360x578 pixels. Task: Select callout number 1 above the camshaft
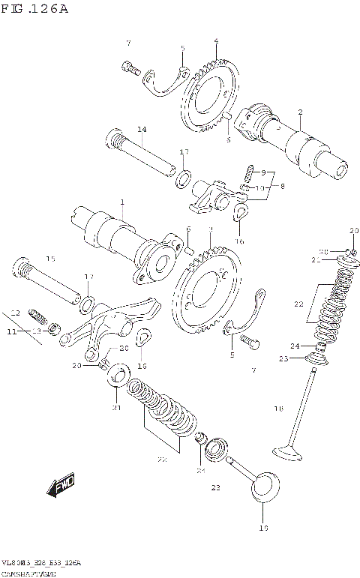(121, 203)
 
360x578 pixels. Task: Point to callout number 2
(300, 113)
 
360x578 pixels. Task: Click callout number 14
(141, 130)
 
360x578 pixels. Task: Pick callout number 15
(50, 259)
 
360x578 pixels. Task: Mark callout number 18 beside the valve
(278, 409)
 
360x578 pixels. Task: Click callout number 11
(11, 331)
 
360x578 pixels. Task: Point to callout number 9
(263, 173)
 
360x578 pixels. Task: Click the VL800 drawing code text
(40, 562)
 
